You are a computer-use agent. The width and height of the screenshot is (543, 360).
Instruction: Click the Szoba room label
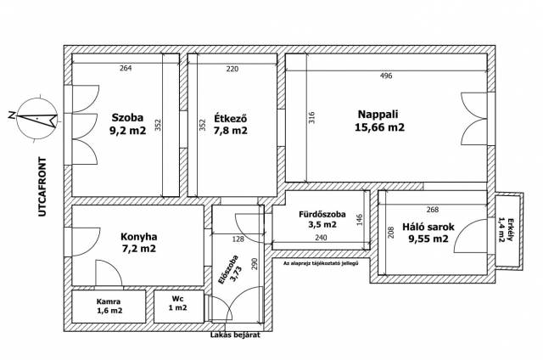127,117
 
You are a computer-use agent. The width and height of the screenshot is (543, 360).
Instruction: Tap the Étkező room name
231,118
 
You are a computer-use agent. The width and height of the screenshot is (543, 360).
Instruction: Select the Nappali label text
378,114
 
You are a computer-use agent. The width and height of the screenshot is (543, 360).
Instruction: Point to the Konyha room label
138,237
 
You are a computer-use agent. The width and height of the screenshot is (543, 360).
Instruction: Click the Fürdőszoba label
322,214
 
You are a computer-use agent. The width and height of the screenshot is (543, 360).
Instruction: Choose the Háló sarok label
428,227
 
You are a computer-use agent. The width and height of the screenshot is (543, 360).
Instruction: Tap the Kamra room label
109,301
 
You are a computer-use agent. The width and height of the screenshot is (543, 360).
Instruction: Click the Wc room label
177,299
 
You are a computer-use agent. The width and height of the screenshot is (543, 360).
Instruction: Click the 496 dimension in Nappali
386,76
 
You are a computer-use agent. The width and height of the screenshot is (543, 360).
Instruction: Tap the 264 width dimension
126,68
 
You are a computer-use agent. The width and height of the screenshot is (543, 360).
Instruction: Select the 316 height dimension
311,117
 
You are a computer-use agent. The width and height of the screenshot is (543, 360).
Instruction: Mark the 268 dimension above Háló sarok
433,209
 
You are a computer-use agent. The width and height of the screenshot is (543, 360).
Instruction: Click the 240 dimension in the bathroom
321,238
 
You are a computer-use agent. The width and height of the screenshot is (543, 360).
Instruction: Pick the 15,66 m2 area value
379,127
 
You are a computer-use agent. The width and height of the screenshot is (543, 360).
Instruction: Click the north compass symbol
35,119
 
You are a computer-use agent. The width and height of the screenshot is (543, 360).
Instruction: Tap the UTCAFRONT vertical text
42,187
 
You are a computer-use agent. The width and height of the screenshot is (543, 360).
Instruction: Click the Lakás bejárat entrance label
235,335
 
